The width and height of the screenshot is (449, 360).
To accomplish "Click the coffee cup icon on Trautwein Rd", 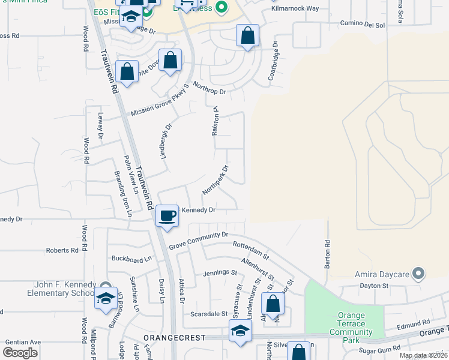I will point(167,215).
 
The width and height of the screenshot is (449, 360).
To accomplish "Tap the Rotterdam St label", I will point(251,250).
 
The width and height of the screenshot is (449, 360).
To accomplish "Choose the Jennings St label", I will point(220,272).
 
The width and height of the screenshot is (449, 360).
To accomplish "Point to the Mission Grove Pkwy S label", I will point(160,99).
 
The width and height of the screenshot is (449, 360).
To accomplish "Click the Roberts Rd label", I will point(62,250).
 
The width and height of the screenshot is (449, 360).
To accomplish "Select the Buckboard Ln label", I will point(131,259).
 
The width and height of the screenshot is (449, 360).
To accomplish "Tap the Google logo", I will point(20,353).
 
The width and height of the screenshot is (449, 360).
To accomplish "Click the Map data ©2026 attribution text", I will point(423,355).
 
